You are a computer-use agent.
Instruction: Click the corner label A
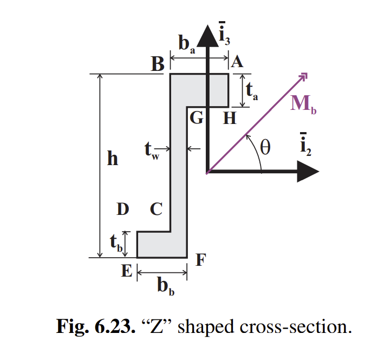[x=237, y=63]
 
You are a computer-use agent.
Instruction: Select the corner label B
[x=157, y=65]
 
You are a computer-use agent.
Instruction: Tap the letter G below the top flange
[x=196, y=117]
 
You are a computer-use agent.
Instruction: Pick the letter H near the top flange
[x=230, y=117]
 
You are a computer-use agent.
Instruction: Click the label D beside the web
[x=123, y=210]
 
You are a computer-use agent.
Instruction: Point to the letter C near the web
[x=156, y=210]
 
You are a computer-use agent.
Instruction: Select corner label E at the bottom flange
[x=126, y=271]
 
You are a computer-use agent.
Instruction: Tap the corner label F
[x=200, y=261]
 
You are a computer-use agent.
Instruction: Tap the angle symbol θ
[x=265, y=147]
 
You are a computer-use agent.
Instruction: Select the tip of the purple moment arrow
[x=306, y=76]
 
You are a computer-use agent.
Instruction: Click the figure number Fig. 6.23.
[x=90, y=327]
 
